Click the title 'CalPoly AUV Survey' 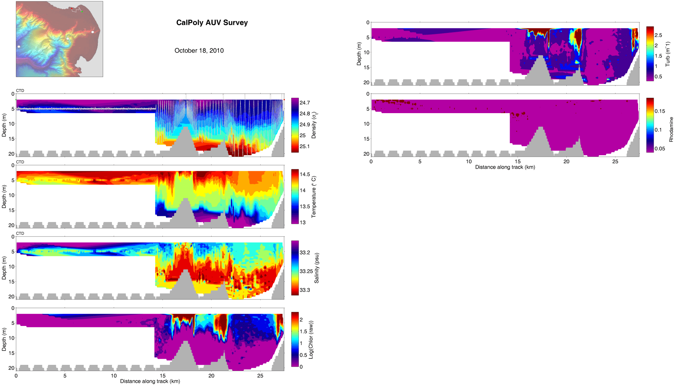point(212,23)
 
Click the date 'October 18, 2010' point(199,51)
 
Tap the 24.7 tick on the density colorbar point(304,103)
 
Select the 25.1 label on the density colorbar point(304,146)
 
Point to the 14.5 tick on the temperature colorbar point(304,174)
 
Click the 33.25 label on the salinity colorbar point(305,271)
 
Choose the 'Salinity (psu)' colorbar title point(317,268)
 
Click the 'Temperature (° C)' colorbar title point(314,197)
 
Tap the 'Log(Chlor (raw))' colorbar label point(311,340)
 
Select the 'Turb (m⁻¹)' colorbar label point(667,54)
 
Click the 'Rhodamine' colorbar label point(671,129)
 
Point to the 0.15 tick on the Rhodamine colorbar point(659,111)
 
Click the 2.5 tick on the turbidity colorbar point(658,35)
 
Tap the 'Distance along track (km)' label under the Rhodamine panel point(505,167)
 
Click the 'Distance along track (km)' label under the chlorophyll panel point(150,381)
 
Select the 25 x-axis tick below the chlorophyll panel point(260,376)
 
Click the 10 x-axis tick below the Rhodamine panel point(469,162)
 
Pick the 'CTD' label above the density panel point(20,91)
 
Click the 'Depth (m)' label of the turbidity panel point(359,54)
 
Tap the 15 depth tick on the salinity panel point(12,282)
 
